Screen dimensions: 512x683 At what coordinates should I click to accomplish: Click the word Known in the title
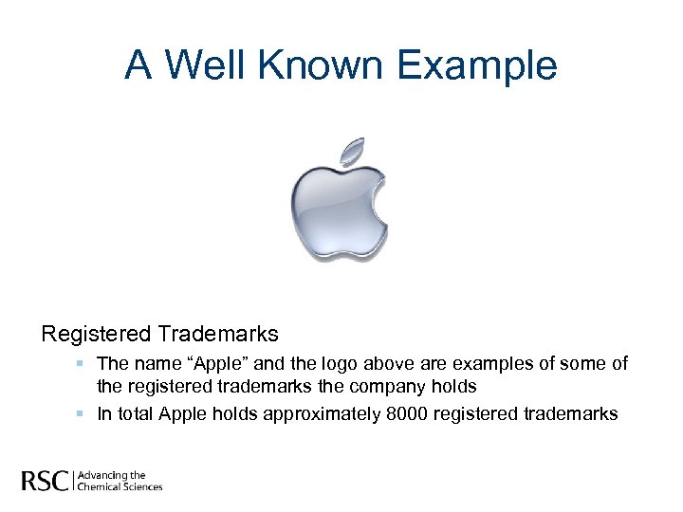point(323,65)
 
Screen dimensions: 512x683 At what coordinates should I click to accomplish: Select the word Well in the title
point(210,65)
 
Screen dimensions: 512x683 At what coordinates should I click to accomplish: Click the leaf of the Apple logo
point(352,152)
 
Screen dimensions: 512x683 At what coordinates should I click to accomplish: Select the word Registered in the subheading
point(96,334)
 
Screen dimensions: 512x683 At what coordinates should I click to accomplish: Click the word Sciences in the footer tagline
point(142,487)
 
